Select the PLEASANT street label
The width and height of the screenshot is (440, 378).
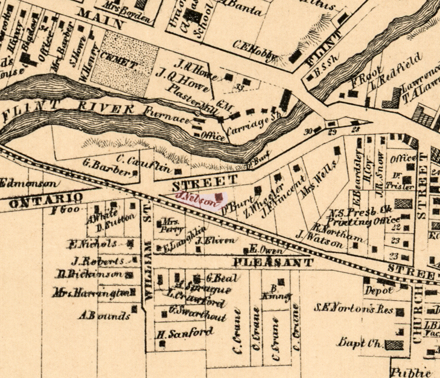coord(273,262)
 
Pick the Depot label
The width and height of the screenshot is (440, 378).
coord(378,290)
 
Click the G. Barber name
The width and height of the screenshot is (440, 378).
coord(107,167)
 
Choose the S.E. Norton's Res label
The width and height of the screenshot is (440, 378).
coord(354,309)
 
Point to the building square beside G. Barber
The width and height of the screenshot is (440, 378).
coord(136,173)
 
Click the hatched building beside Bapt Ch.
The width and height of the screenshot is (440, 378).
coord(394,345)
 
